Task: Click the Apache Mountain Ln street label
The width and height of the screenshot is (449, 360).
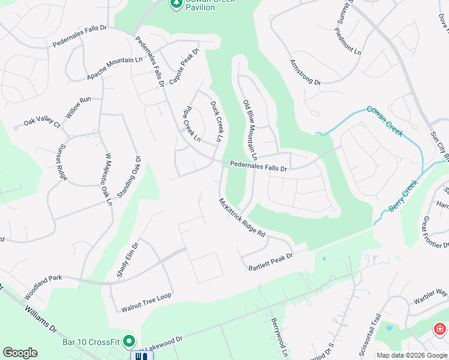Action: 115,68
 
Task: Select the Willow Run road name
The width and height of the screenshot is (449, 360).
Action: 78,107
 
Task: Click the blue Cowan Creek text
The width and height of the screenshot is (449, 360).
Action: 385,121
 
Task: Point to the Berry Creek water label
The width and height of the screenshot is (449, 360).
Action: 403,196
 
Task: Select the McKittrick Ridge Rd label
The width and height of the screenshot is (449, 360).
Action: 242,218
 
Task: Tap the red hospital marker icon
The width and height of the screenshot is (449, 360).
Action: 440,329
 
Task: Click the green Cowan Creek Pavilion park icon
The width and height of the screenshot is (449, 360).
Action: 176,4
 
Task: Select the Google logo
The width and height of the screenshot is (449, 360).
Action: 20,352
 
